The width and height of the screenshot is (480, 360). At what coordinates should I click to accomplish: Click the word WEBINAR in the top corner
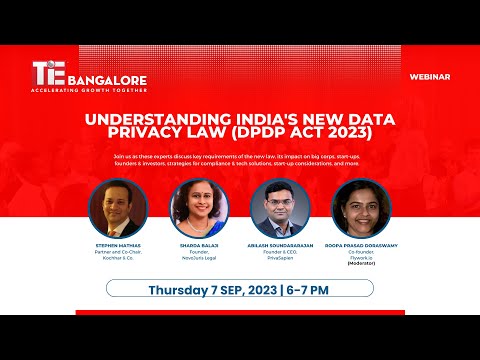tap(429, 76)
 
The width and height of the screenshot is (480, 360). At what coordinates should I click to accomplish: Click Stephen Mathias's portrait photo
tap(118, 208)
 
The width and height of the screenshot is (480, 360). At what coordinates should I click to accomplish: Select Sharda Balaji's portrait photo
tap(199, 208)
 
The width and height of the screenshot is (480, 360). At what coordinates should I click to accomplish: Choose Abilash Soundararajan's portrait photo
tap(280, 208)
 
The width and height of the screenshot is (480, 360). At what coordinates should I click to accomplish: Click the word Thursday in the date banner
tap(184, 290)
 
